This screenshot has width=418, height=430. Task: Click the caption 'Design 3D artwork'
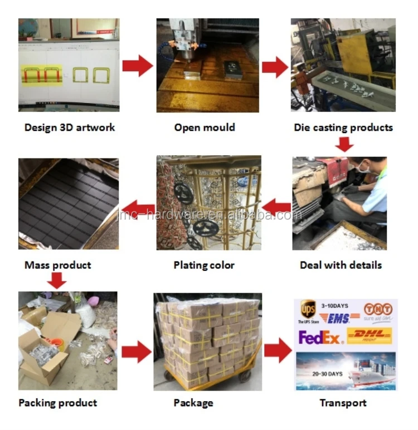(70, 127)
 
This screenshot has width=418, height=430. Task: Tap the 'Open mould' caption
(205, 127)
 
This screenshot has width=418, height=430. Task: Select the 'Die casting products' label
(343, 127)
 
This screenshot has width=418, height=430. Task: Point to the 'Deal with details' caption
(341, 265)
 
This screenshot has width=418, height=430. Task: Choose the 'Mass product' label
(57, 265)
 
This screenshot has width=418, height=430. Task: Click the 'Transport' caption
(343, 402)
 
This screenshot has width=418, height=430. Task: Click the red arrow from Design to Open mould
(138, 66)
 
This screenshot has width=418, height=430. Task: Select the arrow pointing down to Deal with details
(346, 145)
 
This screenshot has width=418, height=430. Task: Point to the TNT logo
(376, 309)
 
